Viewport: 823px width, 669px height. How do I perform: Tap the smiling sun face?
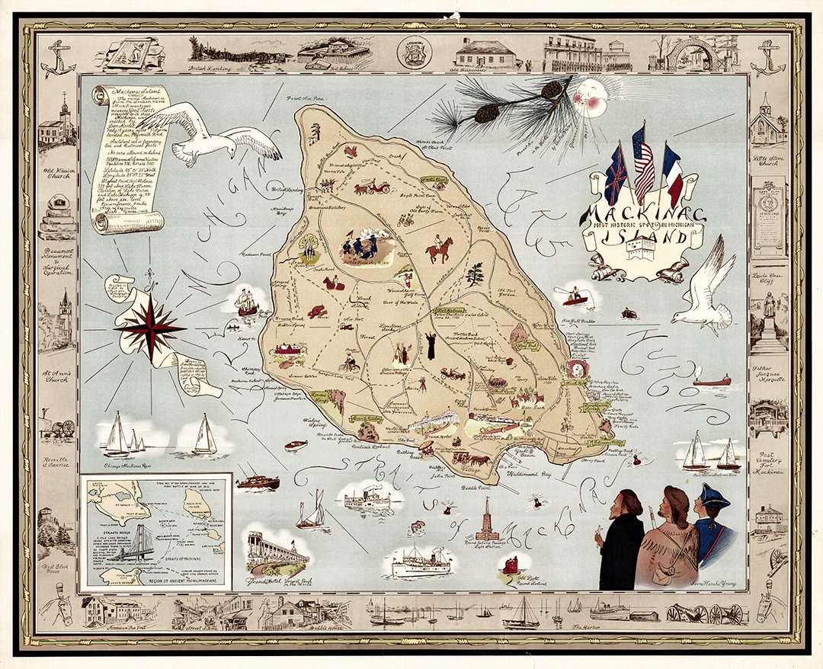click(x=591, y=100)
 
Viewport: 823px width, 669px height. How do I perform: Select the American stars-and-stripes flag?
click(x=643, y=165)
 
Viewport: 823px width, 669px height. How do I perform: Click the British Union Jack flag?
click(x=615, y=178)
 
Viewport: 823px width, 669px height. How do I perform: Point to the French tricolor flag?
click(x=671, y=174)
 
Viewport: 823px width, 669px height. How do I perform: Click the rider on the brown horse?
click(x=439, y=248)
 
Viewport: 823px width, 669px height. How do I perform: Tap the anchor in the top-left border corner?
click(x=58, y=61)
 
